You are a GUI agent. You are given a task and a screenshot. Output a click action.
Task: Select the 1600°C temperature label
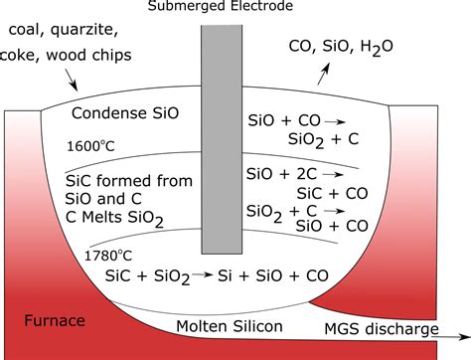point(91,146)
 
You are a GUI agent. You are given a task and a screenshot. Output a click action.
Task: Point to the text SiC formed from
point(121,183)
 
